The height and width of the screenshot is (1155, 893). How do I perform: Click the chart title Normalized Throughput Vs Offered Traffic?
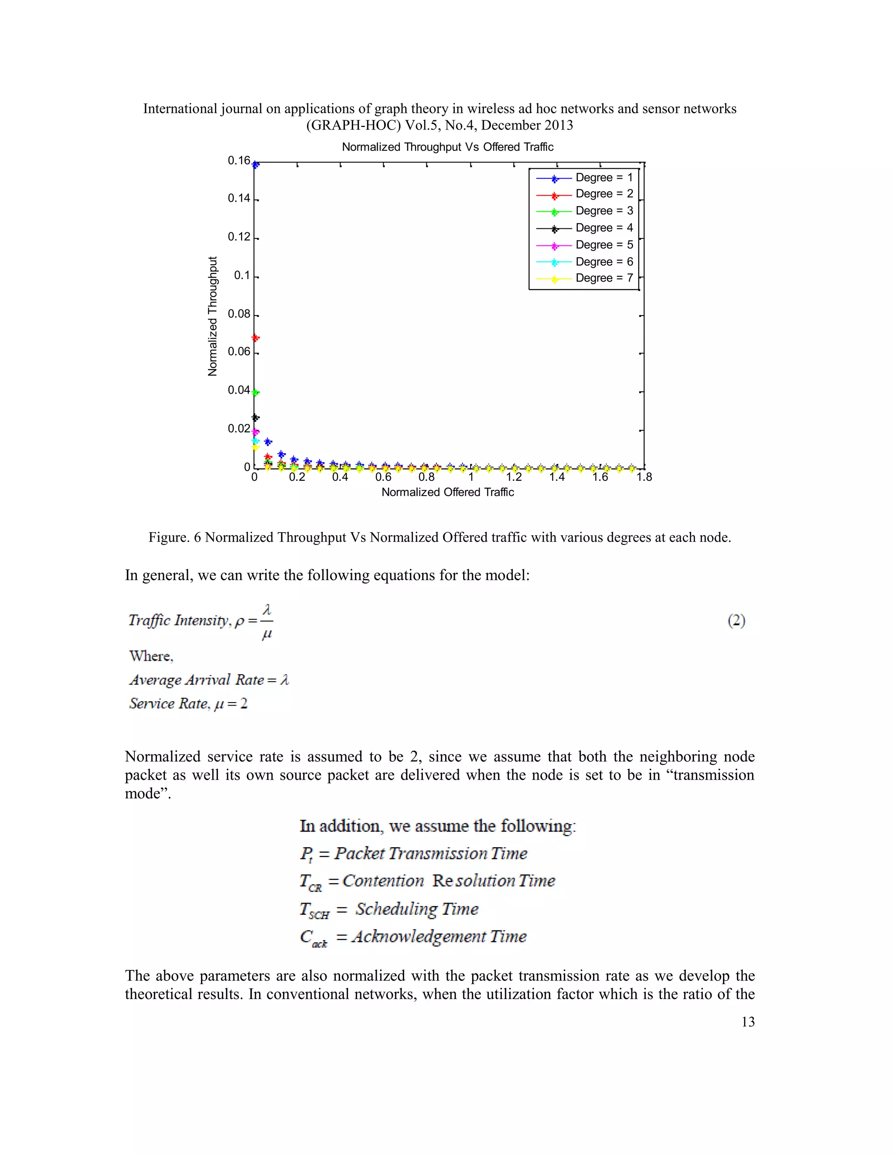point(447,147)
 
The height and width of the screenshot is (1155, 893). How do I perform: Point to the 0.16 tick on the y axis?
point(239,161)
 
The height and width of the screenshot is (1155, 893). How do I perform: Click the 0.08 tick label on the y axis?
point(239,314)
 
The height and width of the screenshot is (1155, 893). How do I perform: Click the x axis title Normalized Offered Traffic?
point(447,493)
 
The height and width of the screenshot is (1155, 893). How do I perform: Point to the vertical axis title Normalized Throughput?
point(213,316)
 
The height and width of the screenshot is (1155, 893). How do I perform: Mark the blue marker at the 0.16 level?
point(256,165)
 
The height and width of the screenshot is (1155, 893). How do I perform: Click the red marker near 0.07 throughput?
point(256,338)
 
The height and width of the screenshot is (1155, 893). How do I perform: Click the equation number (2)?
point(736,620)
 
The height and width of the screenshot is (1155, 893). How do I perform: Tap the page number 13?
point(747,1022)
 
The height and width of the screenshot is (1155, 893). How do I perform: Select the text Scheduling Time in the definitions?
point(416,909)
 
